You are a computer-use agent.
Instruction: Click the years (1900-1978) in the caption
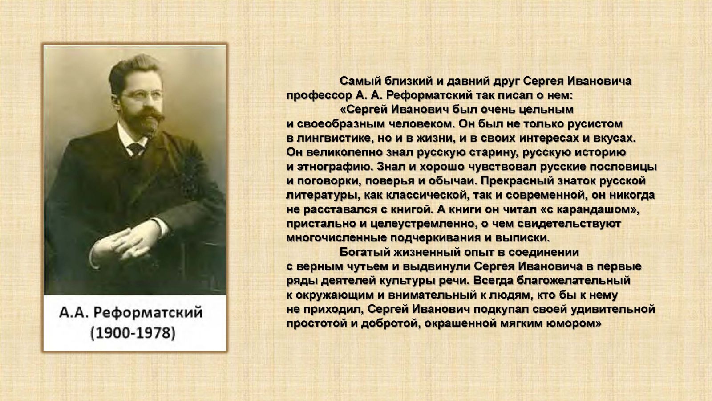133,333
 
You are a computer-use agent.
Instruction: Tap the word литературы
321,196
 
